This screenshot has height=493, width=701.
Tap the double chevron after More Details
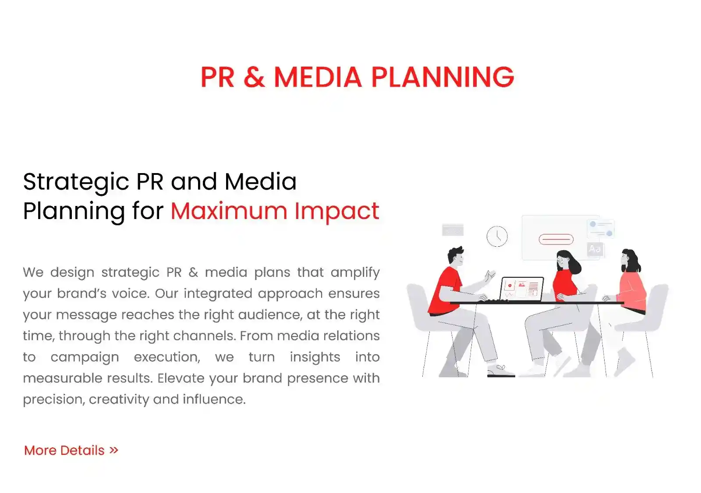point(114,450)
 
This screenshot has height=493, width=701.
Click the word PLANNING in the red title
point(443,77)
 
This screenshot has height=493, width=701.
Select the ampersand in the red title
point(254,77)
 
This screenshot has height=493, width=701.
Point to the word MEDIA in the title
point(318,77)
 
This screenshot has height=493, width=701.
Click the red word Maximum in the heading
point(229,211)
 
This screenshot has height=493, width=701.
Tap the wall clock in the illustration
point(497,236)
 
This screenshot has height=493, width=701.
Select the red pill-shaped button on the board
point(556,239)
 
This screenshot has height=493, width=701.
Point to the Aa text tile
point(595,249)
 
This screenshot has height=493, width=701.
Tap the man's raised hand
point(489,276)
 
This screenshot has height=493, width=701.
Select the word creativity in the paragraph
point(119,400)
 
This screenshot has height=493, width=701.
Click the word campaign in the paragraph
point(85,358)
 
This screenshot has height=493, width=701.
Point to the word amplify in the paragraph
point(355,273)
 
